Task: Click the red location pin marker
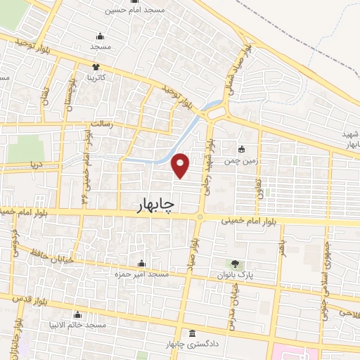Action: tap(181, 165)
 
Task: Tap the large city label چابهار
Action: tap(155, 203)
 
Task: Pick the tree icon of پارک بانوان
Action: tap(233, 264)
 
